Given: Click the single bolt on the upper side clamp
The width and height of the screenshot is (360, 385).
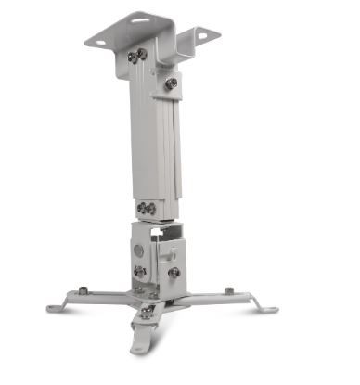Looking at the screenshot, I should tap(172, 83).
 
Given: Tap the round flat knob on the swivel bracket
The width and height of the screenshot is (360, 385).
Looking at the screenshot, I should tap(139, 250).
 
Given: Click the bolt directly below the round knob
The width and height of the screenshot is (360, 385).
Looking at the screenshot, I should tap(140, 273).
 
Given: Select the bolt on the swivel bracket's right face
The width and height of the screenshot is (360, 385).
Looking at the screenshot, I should tap(174, 273).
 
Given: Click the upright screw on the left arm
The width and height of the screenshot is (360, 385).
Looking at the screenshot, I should tap(84, 291).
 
